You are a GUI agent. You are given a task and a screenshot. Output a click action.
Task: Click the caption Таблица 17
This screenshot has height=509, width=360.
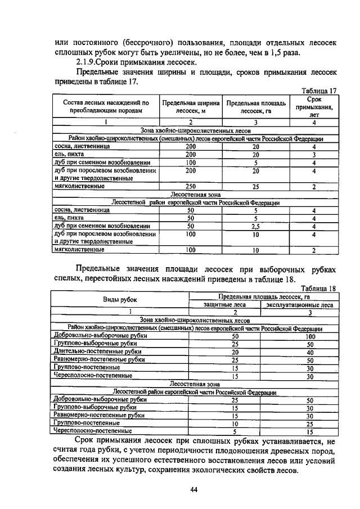click(x=318, y=91)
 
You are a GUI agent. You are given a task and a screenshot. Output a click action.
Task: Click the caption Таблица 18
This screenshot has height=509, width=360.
click(x=318, y=289)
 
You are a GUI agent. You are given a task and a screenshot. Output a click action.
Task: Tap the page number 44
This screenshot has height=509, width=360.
click(x=193, y=490)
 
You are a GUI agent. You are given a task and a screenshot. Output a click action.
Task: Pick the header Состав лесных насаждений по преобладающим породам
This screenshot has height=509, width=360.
click(x=105, y=107)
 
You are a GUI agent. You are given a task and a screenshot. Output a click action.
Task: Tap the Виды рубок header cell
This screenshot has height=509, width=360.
click(x=119, y=300)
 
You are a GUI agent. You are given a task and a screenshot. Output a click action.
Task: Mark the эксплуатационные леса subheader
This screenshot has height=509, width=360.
click(x=299, y=305)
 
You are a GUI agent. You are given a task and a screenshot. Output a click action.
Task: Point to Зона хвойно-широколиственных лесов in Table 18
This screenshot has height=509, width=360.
click(x=193, y=320)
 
